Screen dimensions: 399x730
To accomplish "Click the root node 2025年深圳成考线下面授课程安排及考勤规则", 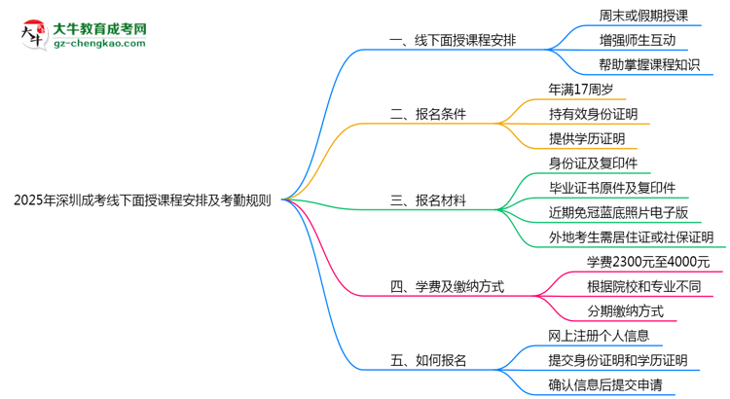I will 143,201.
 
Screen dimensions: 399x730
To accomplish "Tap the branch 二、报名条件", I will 428,114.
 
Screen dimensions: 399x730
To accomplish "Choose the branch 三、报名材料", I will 428,201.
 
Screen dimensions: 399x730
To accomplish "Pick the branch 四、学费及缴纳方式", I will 447,287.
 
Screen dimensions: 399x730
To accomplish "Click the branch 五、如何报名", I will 428,360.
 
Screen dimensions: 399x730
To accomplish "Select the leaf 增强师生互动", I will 638,41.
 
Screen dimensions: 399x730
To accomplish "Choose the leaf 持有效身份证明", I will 599,114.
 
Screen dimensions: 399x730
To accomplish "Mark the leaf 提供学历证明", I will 586,139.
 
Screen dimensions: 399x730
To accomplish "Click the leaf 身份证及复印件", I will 593,163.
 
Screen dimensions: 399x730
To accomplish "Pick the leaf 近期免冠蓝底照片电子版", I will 618,212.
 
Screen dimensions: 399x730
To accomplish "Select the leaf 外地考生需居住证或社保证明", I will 631,237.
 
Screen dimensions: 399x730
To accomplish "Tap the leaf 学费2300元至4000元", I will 648,262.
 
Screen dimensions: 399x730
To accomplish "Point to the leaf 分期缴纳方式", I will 625,311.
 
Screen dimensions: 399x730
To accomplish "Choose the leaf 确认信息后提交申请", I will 612,385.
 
